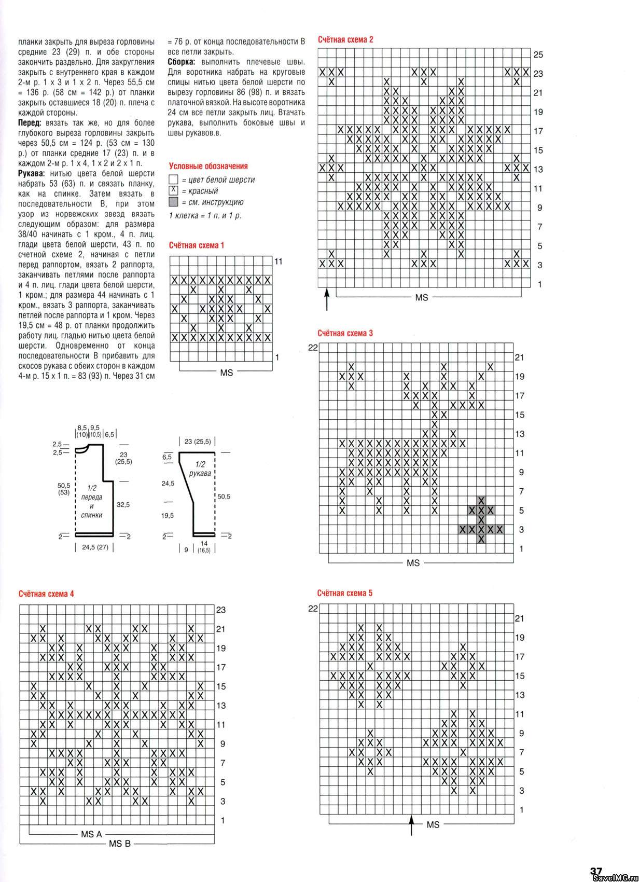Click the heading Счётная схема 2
coord(345,39)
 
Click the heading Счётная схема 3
coord(345,333)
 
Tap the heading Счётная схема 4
coord(46,594)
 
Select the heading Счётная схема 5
coord(345,593)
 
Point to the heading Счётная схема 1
coord(197,245)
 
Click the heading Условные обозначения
coord(208,166)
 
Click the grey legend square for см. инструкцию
coord(174,202)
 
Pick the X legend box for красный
coord(174,190)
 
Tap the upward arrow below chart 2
coord(327,299)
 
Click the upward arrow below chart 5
coord(412,825)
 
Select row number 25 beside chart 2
coord(538,55)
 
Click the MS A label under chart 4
coord(91,834)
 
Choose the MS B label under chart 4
coord(119,844)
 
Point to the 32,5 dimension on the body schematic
coord(123,504)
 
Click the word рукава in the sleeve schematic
coord(200,474)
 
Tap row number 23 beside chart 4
coord(221,610)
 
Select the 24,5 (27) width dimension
coord(95,547)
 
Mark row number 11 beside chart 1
coord(279,261)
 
